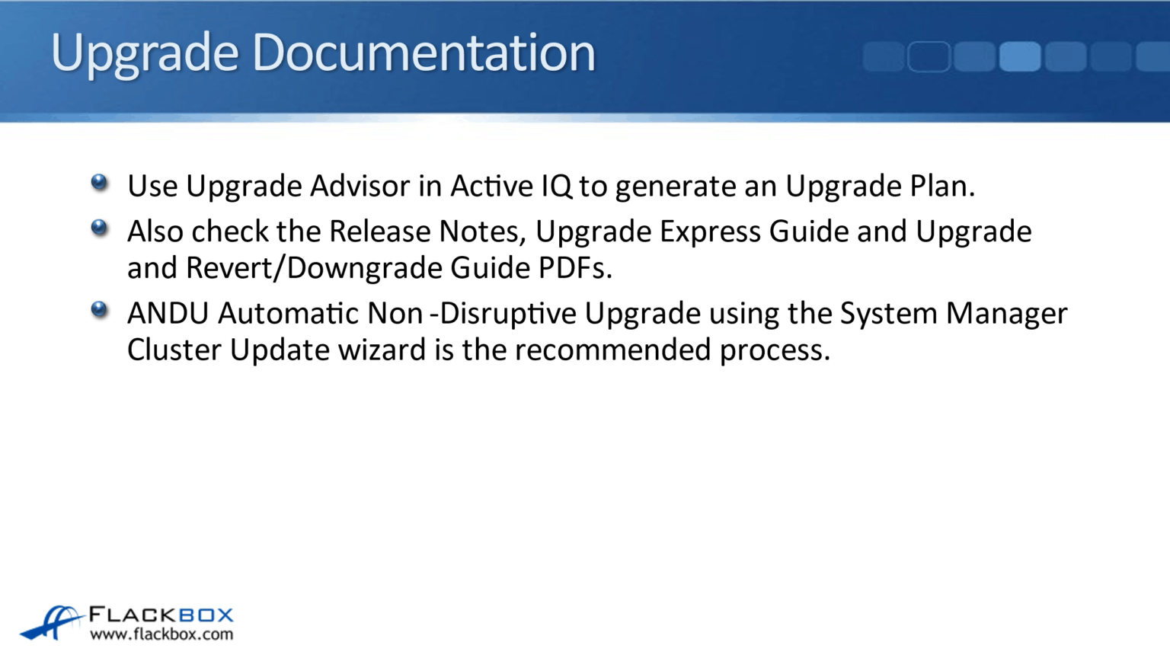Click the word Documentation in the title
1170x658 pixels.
[x=424, y=53]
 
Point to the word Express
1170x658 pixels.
[x=710, y=232]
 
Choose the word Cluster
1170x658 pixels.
[x=174, y=350]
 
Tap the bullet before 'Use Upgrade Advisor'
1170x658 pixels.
[x=99, y=182]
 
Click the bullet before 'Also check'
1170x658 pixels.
[x=99, y=228]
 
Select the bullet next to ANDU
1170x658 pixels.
[x=99, y=309]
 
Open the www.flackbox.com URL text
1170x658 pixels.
[x=161, y=634]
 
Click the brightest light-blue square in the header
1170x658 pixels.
[x=1019, y=57]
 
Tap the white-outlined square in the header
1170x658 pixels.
[x=929, y=57]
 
